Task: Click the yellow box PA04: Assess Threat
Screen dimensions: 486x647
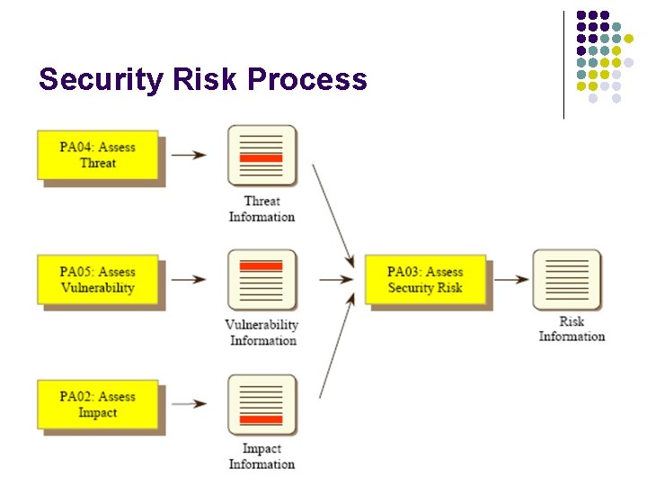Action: pyautogui.click(x=98, y=155)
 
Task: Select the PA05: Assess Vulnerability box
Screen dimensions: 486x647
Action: pyautogui.click(x=98, y=280)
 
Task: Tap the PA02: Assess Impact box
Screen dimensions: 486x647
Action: pyautogui.click(x=98, y=404)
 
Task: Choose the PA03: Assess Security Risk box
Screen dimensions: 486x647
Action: pyautogui.click(x=425, y=280)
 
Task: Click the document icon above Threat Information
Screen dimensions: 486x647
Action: pyautogui.click(x=261, y=156)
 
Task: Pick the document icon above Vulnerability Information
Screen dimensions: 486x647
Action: pyautogui.click(x=261, y=280)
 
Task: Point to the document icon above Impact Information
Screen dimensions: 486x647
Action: pyautogui.click(x=261, y=405)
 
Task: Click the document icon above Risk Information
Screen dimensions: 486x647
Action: pyautogui.click(x=566, y=280)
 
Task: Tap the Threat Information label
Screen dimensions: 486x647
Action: pyautogui.click(x=261, y=209)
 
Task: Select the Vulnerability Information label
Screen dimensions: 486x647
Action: pyautogui.click(x=261, y=332)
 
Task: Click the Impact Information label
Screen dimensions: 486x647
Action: pyautogui.click(x=261, y=456)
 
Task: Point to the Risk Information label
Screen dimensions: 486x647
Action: pyautogui.click(x=572, y=328)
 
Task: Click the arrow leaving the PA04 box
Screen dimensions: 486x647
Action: pyautogui.click(x=189, y=155)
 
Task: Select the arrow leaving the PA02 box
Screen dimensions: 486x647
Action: pyautogui.click(x=189, y=404)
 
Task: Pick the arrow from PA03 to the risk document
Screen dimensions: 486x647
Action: pyautogui.click(x=511, y=280)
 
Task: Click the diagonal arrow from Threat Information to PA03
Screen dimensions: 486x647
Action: pyautogui.click(x=332, y=215)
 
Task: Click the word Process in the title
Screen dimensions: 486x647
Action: pyautogui.click(x=307, y=80)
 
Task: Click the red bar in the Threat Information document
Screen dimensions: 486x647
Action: pyautogui.click(x=261, y=157)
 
